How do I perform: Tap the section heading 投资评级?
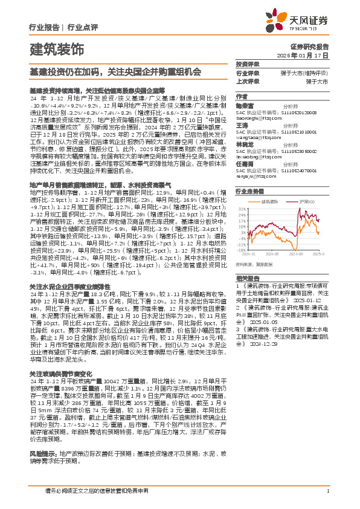[247, 63]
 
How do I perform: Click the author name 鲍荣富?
[244, 104]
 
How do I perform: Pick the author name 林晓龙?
[244, 144]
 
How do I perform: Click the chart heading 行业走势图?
[249, 190]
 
